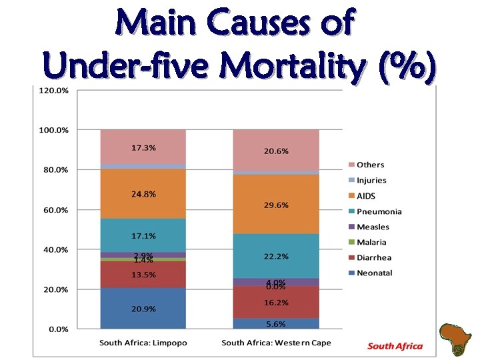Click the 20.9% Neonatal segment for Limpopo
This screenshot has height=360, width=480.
click(143, 308)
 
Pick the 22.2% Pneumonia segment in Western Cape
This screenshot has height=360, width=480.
click(276, 256)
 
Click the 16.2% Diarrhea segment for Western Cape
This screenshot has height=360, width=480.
click(276, 302)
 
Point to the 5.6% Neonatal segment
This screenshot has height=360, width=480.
click(276, 323)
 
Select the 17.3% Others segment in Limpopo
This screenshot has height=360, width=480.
click(143, 147)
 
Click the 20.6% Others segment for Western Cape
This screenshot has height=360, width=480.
click(276, 151)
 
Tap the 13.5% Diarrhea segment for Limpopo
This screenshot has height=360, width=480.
click(143, 274)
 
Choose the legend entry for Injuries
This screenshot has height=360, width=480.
click(371, 180)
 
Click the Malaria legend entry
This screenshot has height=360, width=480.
click(371, 242)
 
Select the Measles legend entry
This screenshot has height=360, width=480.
click(372, 227)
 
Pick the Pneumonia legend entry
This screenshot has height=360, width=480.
click(378, 211)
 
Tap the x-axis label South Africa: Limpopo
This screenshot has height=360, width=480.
click(143, 343)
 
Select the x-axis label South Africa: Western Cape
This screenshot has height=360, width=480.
click(276, 343)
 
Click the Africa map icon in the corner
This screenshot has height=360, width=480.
click(457, 339)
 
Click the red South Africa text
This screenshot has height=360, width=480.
click(395, 346)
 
